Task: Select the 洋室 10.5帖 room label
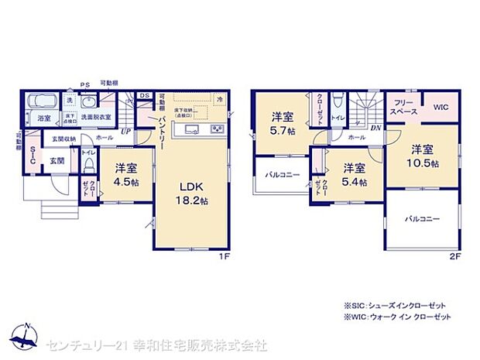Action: [425, 156]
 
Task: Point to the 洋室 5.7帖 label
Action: [283, 123]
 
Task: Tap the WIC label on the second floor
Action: [441, 108]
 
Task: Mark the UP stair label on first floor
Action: [126, 132]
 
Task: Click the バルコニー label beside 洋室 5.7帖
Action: [275, 175]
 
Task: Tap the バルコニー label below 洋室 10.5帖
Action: [422, 219]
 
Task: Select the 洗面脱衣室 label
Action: [96, 117]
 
